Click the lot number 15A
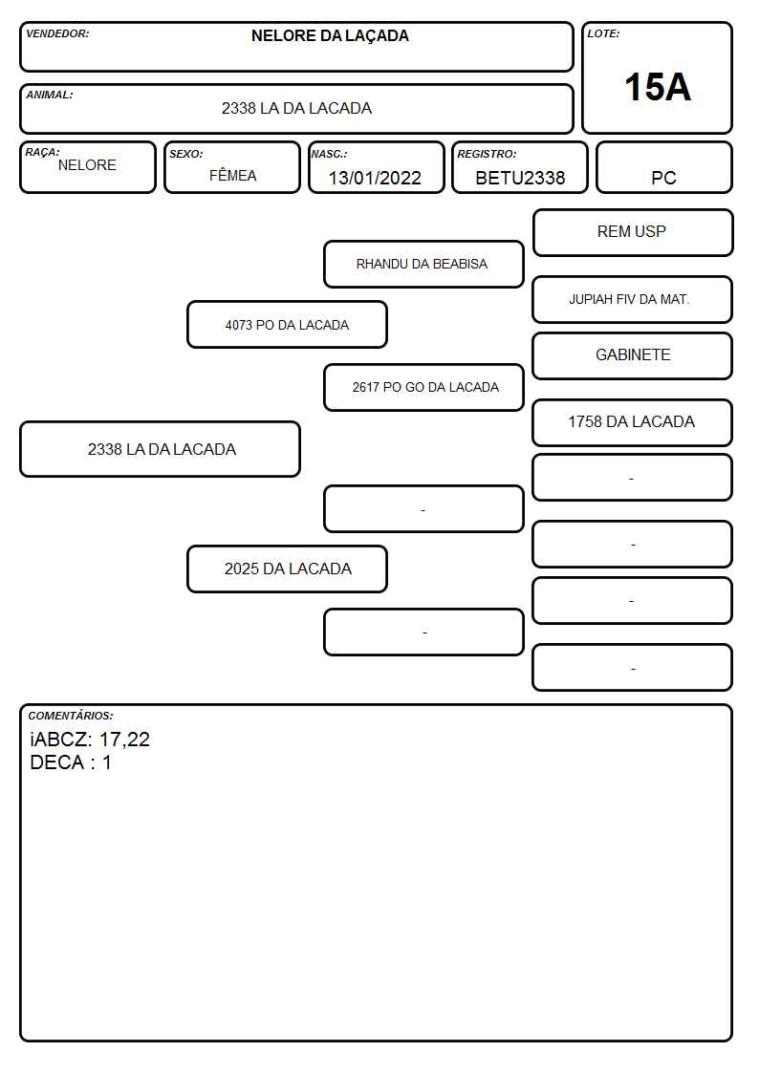(657, 87)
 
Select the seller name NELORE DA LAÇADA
(330, 36)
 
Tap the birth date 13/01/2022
(375, 178)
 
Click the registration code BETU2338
(520, 178)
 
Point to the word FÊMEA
(232, 175)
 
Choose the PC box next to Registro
(663, 167)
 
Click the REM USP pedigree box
(633, 233)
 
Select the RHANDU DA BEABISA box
(423, 264)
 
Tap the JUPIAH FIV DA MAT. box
(633, 299)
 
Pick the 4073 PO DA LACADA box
(287, 324)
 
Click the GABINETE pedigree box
(633, 355)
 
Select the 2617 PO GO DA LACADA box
(423, 387)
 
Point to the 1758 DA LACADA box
(633, 422)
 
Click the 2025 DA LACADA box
(287, 569)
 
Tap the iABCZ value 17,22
(124, 740)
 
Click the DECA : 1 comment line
(71, 762)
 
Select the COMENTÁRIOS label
(71, 716)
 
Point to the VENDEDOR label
(57, 33)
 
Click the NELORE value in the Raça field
(87, 165)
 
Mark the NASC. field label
(329, 154)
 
